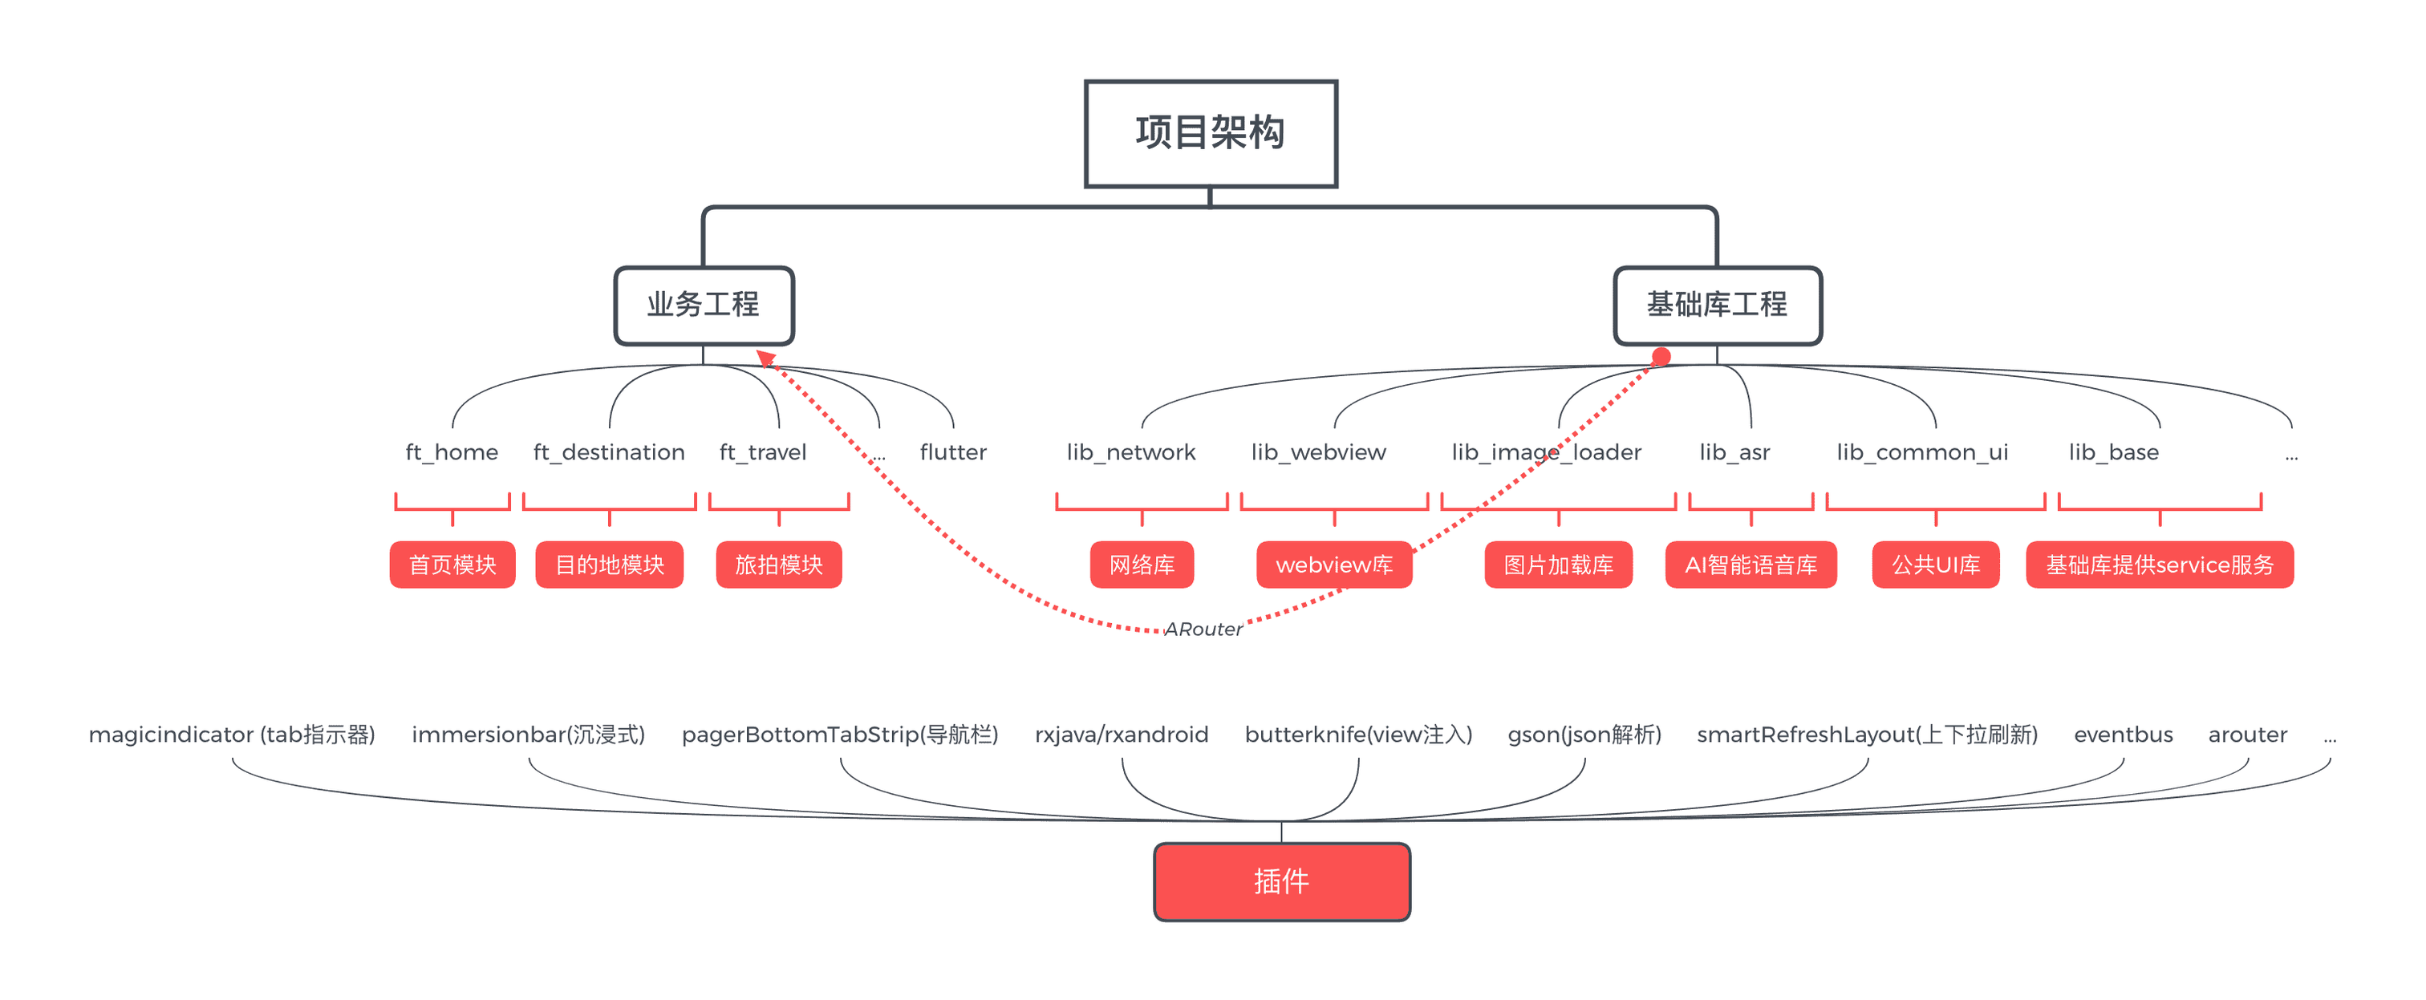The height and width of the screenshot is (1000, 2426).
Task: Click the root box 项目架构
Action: click(x=1210, y=134)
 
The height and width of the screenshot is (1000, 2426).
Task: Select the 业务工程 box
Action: click(x=704, y=305)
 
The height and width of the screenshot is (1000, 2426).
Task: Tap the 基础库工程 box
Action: click(x=1717, y=305)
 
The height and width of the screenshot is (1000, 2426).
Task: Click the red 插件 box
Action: click(x=1281, y=881)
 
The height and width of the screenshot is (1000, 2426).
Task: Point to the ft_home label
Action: click(x=452, y=453)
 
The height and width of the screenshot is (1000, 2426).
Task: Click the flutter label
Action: click(x=953, y=453)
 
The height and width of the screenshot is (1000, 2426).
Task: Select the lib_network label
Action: click(x=1131, y=453)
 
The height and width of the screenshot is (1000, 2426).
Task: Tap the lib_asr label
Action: click(x=1734, y=453)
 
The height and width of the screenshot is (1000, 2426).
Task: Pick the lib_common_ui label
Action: click(x=1922, y=453)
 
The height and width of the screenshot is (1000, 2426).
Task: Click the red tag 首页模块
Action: click(x=452, y=565)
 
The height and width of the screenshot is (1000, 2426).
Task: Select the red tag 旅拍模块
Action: click(x=778, y=565)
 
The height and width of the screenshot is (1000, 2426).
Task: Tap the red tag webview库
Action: click(x=1333, y=565)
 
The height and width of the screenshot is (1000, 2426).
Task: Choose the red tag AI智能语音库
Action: click(x=1750, y=565)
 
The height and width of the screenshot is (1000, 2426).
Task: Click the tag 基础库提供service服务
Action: click(x=2159, y=565)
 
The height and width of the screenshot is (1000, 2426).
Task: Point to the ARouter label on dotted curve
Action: click(x=1203, y=629)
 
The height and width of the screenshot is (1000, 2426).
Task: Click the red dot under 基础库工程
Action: click(x=1661, y=356)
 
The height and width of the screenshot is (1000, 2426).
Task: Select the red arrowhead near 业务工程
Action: click(x=765, y=358)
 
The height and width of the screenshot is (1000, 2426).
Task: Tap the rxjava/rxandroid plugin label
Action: click(x=1121, y=735)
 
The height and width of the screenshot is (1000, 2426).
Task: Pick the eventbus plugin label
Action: click(x=2123, y=735)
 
